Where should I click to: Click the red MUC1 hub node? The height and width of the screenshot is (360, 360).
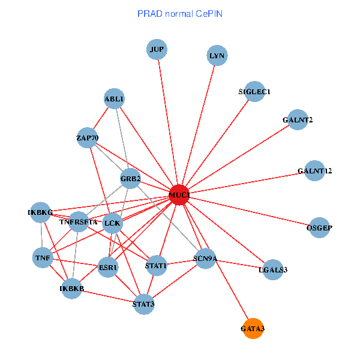[179, 195]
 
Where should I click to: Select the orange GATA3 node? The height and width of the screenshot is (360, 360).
[253, 328]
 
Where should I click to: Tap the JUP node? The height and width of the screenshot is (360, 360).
[157, 49]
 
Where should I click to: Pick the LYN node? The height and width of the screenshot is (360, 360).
[216, 56]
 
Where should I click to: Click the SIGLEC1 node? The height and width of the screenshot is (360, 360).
[255, 92]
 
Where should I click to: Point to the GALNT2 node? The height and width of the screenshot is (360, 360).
[298, 120]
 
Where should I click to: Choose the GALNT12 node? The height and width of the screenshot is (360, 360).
[314, 171]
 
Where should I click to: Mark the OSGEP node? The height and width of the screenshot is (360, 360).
[319, 227]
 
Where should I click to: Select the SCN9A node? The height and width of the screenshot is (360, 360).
[205, 259]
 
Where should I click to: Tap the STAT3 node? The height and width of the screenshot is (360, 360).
[144, 304]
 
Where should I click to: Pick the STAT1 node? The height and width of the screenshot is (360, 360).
[156, 265]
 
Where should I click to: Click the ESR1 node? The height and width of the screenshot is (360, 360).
[109, 267]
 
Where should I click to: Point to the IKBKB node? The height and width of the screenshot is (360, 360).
[72, 289]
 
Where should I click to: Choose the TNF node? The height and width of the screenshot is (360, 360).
[43, 258]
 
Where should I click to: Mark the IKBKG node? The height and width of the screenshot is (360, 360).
[40, 212]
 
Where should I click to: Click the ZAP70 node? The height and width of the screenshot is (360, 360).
[87, 138]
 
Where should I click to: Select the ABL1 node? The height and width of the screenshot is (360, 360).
[114, 98]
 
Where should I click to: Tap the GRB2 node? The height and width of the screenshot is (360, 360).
[130, 178]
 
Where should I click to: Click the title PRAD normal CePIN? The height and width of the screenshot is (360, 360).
[180, 13]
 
